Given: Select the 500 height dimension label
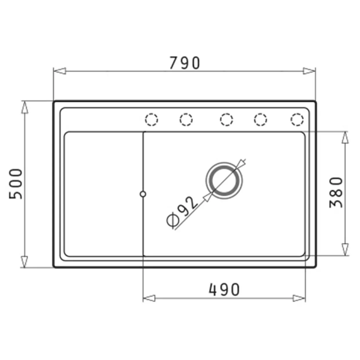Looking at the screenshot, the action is tap(16, 184).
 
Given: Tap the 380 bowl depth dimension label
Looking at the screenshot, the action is tap(336, 192).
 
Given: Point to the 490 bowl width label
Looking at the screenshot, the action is tap(224, 289).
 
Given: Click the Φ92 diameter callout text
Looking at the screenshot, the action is tap(181, 213).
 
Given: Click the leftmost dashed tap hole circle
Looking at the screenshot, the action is tap(152, 119).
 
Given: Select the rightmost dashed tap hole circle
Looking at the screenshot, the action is tap(297, 119).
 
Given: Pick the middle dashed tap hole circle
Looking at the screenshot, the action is tap(226, 119).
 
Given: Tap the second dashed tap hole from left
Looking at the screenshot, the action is tap(186, 119).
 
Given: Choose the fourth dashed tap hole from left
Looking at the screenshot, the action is tap(260, 119).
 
